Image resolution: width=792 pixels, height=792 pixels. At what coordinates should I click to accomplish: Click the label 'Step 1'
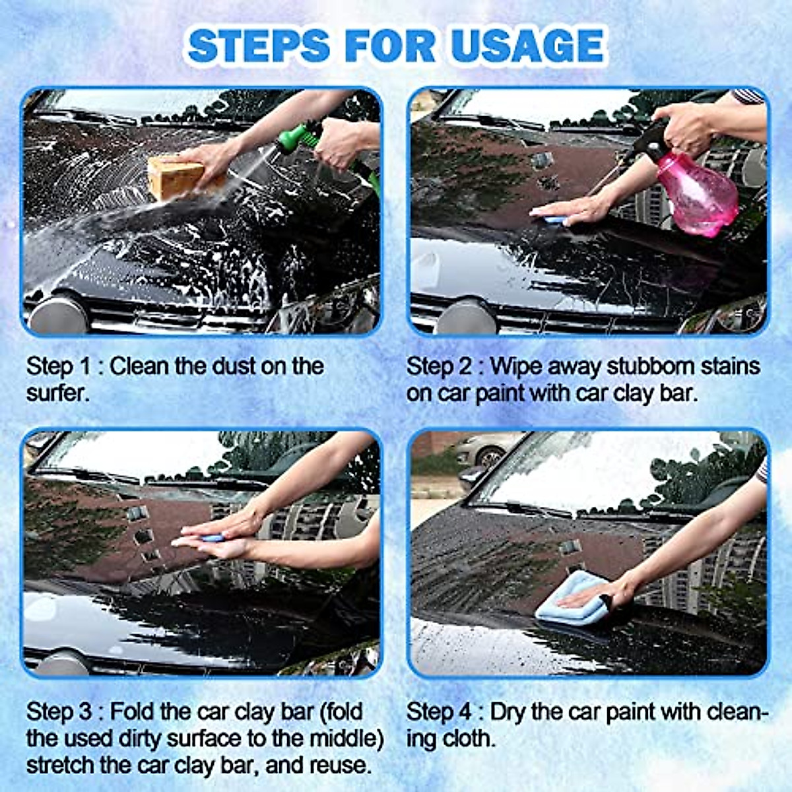point(58,366)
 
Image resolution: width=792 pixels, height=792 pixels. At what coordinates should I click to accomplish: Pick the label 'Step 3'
point(58,711)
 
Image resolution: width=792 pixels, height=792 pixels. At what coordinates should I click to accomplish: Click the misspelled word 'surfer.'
point(57,393)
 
